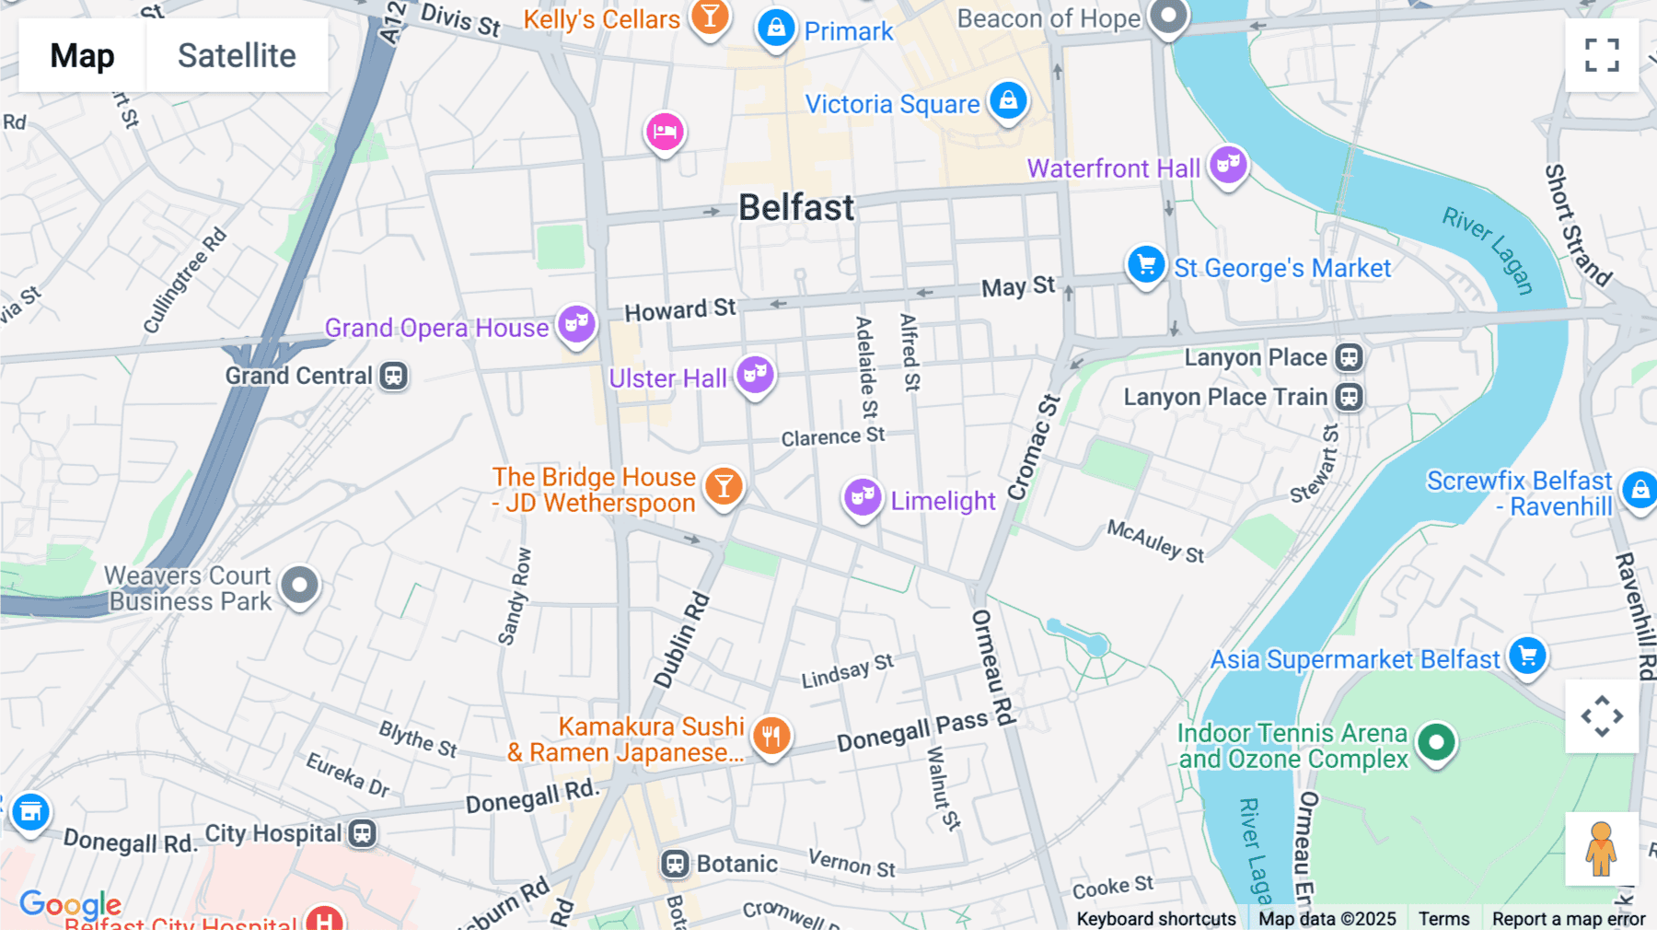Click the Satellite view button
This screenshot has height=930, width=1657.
237,55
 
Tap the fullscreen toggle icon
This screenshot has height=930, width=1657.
1602,55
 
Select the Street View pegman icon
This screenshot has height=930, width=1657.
1601,849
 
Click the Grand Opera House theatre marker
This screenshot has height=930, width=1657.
577,324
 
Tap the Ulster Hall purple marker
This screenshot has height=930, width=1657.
755,375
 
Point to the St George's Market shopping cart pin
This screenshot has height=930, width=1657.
1146,265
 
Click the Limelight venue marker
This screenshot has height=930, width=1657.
863,497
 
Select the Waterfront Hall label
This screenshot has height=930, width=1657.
1113,169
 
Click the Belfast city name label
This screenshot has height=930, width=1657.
796,208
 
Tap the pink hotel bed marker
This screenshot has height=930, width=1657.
664,133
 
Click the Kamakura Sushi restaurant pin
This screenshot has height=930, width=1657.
771,736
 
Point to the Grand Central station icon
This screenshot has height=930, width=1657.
394,376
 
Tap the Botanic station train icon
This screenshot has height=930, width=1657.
675,864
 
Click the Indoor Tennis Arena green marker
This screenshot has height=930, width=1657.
1436,741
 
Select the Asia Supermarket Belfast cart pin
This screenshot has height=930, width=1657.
1528,657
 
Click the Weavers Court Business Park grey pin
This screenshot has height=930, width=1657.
299,585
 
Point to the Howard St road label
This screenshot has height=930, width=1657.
680,310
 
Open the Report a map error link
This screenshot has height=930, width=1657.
1569,919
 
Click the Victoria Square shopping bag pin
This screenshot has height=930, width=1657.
1008,100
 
